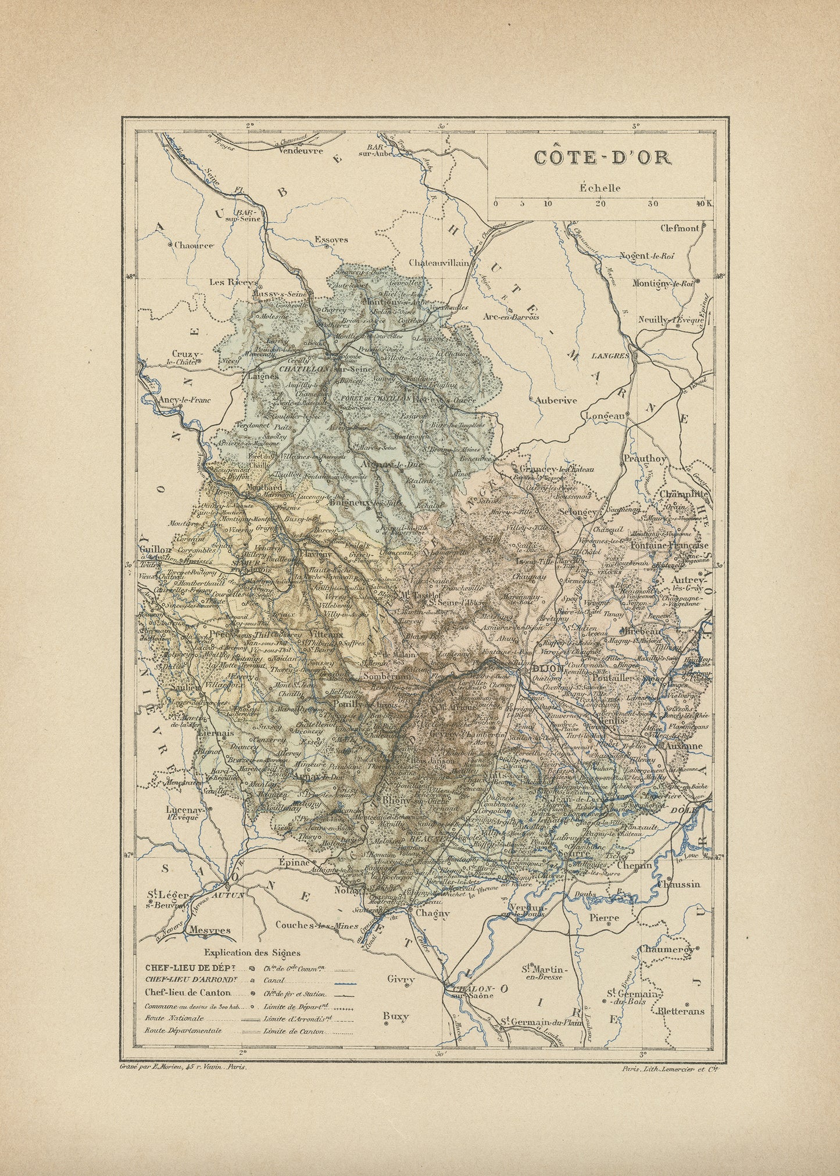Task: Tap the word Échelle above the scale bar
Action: [599, 188]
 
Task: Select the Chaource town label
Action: [194, 245]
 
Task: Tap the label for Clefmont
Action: [680, 228]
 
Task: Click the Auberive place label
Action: [556, 400]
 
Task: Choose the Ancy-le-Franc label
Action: [177, 400]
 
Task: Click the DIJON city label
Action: [547, 669]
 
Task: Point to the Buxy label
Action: [396, 1016]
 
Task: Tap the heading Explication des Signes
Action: [252, 952]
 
